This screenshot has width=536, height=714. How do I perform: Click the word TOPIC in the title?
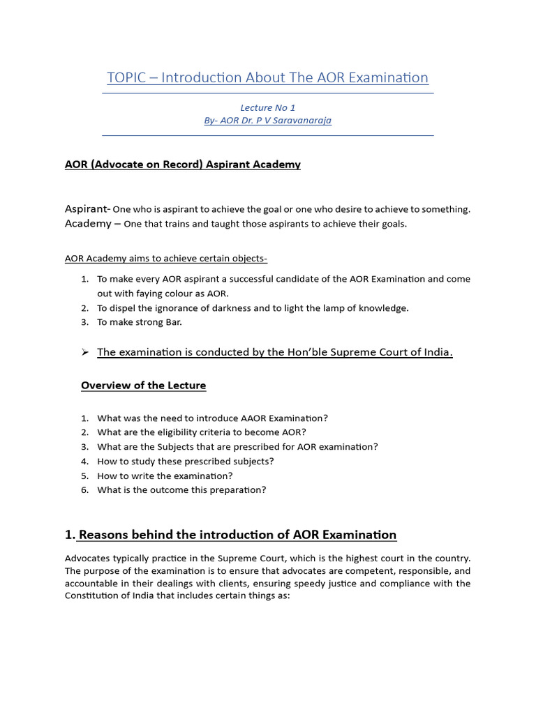coord(127,77)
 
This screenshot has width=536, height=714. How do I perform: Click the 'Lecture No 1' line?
coord(267,107)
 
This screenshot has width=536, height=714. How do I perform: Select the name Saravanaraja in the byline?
coord(301,120)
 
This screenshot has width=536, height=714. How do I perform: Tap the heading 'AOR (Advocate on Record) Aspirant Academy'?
coord(183,165)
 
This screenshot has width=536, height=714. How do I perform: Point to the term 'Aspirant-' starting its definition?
coord(87,209)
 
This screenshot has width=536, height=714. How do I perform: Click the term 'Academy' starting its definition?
coord(88,224)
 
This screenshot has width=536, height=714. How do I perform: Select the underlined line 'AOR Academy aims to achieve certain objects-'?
coord(166,259)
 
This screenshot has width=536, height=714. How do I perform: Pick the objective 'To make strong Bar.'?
coord(140,322)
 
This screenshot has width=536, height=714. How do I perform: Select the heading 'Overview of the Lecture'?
coord(143,386)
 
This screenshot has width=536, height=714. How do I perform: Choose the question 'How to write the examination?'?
coord(165,476)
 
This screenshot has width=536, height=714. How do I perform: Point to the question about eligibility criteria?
coord(202,432)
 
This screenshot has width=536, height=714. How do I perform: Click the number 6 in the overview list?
coord(84,490)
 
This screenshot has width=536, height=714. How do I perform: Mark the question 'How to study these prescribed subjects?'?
coord(186,462)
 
